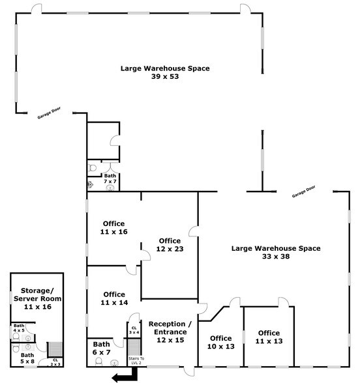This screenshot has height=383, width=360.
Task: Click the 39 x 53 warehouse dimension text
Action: (x=165, y=76)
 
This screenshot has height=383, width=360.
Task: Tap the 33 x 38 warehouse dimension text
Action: (x=276, y=257)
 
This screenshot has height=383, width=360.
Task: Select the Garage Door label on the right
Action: (x=303, y=191)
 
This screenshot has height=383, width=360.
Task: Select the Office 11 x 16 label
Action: (x=113, y=227)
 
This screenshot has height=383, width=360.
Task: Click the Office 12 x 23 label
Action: (x=170, y=245)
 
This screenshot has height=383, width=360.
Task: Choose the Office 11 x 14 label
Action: (x=113, y=298)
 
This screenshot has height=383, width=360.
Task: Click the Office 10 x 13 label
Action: (x=220, y=342)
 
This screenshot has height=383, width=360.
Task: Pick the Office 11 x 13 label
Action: (x=268, y=337)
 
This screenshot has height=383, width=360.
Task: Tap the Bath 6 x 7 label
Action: (x=101, y=348)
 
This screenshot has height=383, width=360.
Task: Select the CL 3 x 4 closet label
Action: (x=134, y=330)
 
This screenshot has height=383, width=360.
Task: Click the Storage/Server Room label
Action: (x=37, y=298)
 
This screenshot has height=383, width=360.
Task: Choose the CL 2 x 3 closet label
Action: (x=55, y=362)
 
